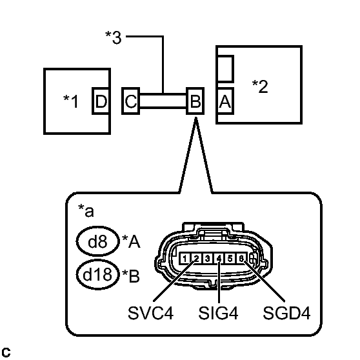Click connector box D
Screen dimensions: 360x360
(x=101, y=101)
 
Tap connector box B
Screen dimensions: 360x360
(x=194, y=101)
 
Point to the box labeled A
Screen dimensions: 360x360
(x=225, y=101)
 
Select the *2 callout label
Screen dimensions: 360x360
(x=260, y=86)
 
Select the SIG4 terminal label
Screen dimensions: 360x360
(x=219, y=314)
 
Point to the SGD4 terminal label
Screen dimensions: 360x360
(x=287, y=314)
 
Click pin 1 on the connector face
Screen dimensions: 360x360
(x=185, y=259)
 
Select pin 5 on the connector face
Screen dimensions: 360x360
(x=230, y=259)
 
